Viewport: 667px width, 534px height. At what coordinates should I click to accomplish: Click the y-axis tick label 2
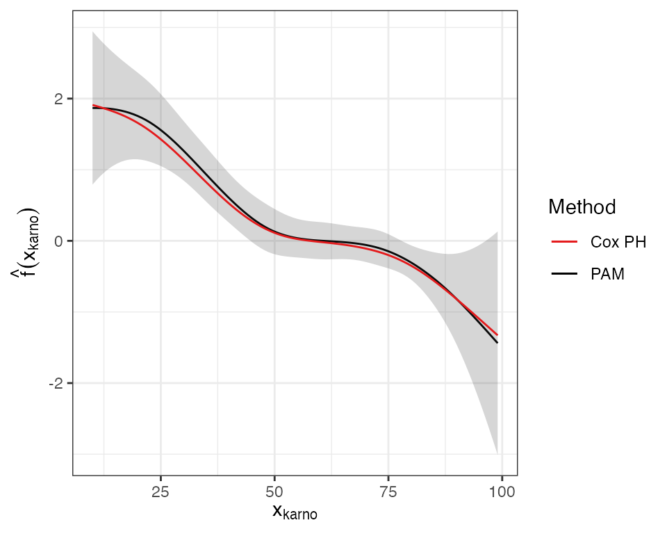(59, 99)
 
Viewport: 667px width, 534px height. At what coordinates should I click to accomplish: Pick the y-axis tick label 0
(59, 241)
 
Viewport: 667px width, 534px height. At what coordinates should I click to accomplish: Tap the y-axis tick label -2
(56, 383)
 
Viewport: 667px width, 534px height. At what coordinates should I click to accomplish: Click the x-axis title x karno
(295, 513)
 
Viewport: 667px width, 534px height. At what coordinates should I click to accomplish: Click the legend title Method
(582, 207)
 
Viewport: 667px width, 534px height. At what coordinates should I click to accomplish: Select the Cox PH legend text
(618, 242)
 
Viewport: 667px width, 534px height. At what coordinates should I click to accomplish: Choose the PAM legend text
(607, 275)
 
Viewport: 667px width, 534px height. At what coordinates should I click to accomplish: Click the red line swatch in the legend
(565, 242)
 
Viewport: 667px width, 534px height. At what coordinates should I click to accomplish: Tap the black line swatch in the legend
(565, 275)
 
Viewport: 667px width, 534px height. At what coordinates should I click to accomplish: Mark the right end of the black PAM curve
(497, 343)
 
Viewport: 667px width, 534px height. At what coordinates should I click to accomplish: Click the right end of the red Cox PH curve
(497, 335)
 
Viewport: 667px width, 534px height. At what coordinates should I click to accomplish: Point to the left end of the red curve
(93, 106)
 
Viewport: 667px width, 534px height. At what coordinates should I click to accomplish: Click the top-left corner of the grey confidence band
(93, 31)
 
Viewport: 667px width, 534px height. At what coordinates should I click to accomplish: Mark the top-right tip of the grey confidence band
(497, 232)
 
